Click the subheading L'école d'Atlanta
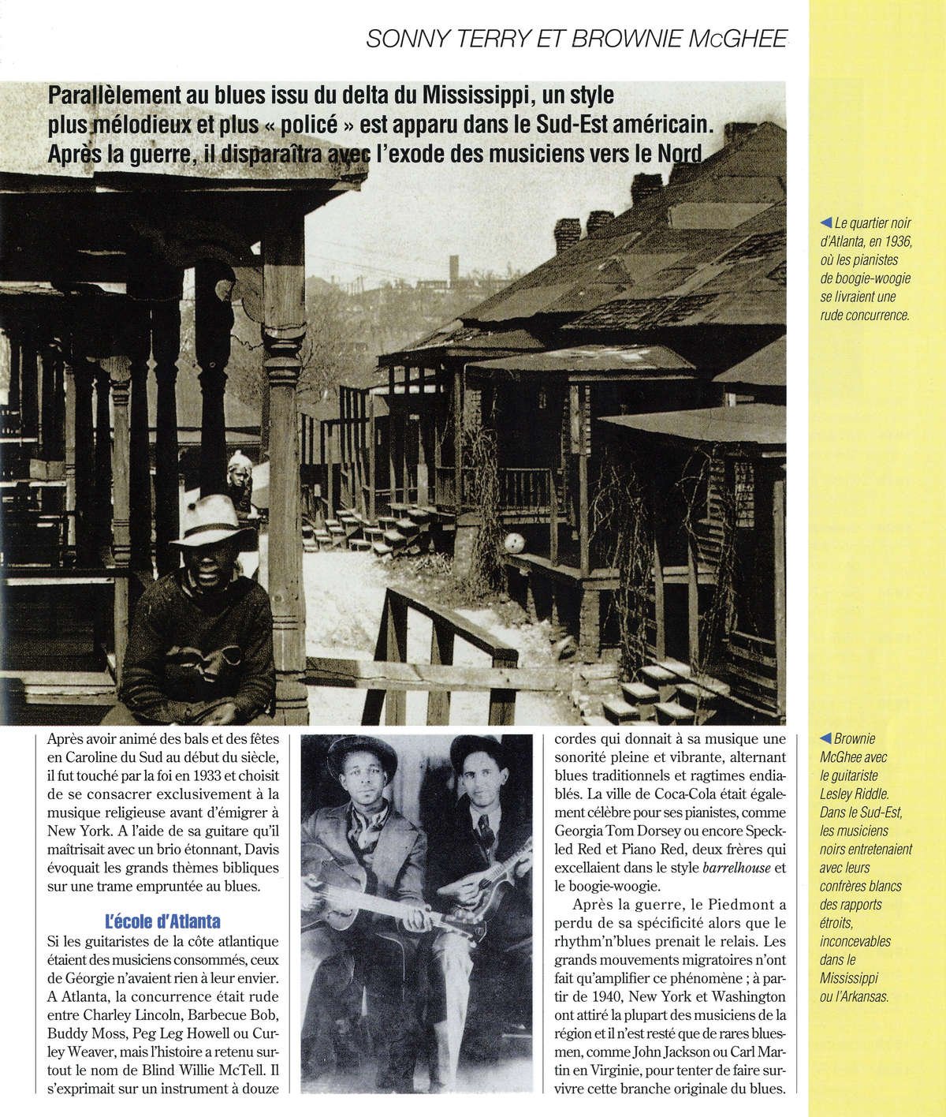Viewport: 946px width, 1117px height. [163, 920]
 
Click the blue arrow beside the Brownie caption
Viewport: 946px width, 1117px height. [826, 738]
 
